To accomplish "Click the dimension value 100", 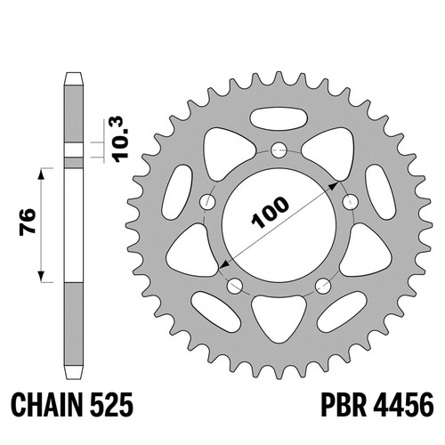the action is [x=270, y=213].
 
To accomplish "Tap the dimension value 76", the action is [x=28, y=222].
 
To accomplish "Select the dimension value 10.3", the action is [x=121, y=139].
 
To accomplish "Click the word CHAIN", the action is [x=47, y=405].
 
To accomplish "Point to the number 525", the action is [x=110, y=405].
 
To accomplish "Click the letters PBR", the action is [x=344, y=405].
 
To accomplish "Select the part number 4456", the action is [x=403, y=405].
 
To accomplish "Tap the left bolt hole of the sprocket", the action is [x=207, y=202].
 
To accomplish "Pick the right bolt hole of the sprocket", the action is [x=351, y=202].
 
